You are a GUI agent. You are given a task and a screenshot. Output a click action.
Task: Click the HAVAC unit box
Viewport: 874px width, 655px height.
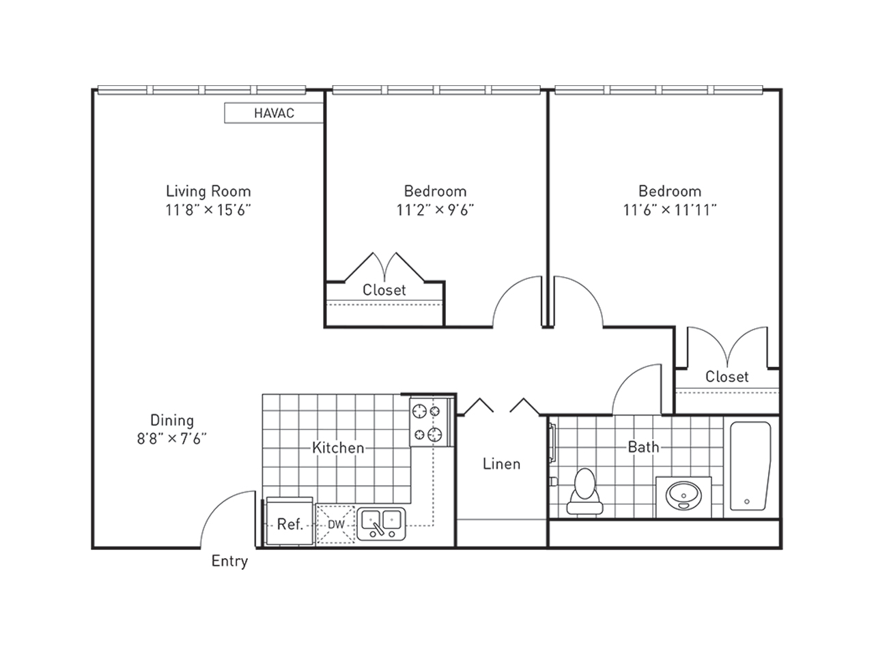(x=274, y=113)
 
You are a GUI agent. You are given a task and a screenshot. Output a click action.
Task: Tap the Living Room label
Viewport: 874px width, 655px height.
(x=208, y=191)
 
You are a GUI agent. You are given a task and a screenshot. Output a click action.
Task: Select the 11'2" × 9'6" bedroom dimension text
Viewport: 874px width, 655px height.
(x=435, y=209)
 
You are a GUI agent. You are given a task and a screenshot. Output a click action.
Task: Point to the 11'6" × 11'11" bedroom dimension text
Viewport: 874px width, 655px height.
(x=670, y=209)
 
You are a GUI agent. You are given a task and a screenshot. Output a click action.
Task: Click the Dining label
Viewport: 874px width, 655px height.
(x=172, y=420)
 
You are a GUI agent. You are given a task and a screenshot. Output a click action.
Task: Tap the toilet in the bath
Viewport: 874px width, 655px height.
(x=584, y=491)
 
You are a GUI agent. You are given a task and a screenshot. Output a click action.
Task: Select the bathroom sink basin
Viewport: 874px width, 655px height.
(x=683, y=495)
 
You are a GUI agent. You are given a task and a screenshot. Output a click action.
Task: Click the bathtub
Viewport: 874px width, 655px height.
(x=750, y=466)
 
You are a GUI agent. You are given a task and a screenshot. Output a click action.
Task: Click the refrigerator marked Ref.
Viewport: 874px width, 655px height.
(x=290, y=521)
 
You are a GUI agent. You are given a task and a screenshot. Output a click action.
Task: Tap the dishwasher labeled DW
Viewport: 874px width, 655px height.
(x=336, y=524)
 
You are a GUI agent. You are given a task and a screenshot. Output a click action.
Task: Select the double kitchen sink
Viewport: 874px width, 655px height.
(x=381, y=524)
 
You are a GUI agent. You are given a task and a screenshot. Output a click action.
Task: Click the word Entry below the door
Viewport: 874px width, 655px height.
(x=229, y=562)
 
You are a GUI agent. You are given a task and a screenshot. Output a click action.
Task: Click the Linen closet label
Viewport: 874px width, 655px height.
(x=502, y=464)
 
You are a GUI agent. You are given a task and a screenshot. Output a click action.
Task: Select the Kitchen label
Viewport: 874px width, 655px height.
(x=338, y=448)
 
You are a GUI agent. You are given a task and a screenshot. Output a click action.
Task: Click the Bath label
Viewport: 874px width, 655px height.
(x=643, y=447)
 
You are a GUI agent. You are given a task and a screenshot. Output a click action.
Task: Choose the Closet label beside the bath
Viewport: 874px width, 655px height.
(x=727, y=376)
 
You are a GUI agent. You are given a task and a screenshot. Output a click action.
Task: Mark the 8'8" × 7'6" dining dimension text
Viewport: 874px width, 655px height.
(x=172, y=439)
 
